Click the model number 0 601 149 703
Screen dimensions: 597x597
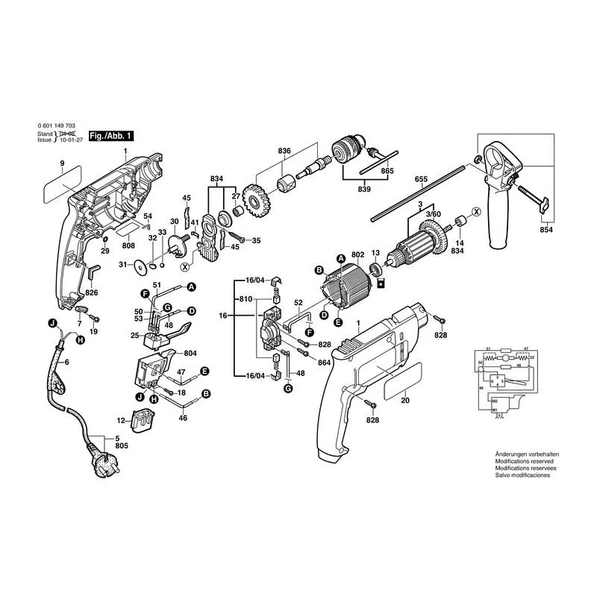(x=56, y=127)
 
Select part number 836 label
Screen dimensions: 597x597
(x=284, y=151)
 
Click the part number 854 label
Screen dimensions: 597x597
(x=547, y=231)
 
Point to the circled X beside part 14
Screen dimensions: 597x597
(x=475, y=213)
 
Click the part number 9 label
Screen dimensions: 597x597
(x=62, y=163)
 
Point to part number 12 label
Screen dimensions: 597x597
(x=121, y=421)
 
